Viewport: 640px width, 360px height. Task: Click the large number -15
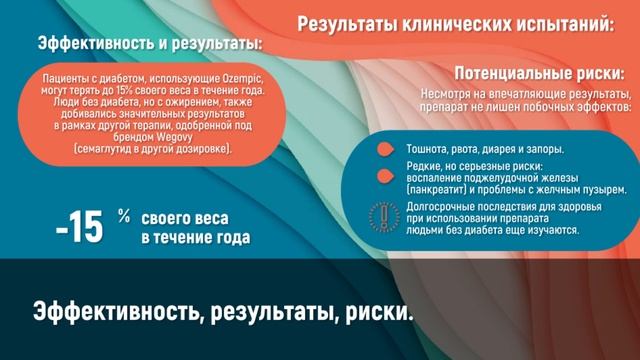point(80,228)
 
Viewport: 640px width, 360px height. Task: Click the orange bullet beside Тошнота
point(383,148)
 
